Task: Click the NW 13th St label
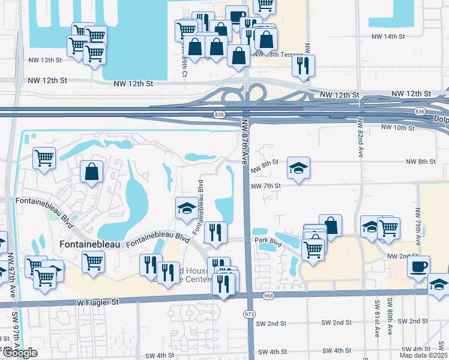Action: click(x=45, y=60)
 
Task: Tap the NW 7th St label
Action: click(x=266, y=185)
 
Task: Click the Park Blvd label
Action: click(x=268, y=240)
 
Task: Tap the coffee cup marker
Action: click(x=418, y=266)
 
